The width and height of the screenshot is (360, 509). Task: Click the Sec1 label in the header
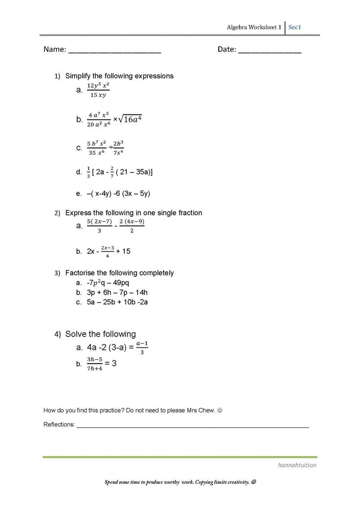pyautogui.click(x=294, y=27)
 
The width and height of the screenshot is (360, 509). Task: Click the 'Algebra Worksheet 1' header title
pyautogui.click(x=254, y=27)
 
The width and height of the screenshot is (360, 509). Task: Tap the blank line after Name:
pyautogui.click(x=114, y=51)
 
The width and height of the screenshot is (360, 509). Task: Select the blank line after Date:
pyautogui.click(x=270, y=51)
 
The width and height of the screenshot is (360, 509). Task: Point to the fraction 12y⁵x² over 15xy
pyautogui.click(x=98, y=90)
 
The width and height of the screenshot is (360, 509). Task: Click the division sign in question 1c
pyautogui.click(x=111, y=148)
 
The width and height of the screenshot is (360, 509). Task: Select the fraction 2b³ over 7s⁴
pyautogui.click(x=118, y=148)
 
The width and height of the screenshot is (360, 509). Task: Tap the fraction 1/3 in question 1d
pyautogui.click(x=88, y=172)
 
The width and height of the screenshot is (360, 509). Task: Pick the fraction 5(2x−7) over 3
pyautogui.click(x=100, y=226)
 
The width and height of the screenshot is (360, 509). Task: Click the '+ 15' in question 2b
pyautogui.click(x=123, y=251)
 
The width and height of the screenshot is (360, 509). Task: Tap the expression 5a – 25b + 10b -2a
pyautogui.click(x=117, y=302)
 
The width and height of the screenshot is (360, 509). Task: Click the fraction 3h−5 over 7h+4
pyautogui.click(x=94, y=364)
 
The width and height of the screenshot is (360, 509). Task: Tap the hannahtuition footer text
pyautogui.click(x=296, y=465)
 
